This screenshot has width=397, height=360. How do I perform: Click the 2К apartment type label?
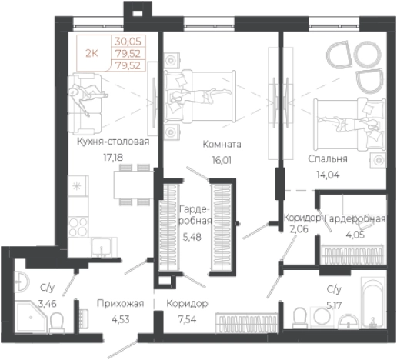[x=92, y=54]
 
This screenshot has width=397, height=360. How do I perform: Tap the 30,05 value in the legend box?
[x=128, y=42]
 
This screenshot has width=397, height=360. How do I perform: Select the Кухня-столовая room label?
[x=113, y=142]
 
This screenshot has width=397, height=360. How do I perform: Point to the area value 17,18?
[x=113, y=157]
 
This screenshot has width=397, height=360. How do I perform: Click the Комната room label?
[x=222, y=145]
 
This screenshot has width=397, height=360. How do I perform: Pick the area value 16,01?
[x=222, y=160]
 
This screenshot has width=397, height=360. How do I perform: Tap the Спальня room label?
[x=328, y=159]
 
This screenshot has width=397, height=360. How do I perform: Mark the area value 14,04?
[x=328, y=175]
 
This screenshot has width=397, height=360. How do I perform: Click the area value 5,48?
[x=192, y=237]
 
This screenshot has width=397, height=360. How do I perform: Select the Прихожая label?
[x=120, y=304]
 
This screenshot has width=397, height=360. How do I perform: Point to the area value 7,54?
[x=187, y=319]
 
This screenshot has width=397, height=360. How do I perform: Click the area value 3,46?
[x=48, y=304]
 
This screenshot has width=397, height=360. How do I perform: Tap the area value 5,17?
[x=334, y=305]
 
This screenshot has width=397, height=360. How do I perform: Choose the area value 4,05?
[x=355, y=235]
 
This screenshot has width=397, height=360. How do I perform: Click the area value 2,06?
[x=299, y=228]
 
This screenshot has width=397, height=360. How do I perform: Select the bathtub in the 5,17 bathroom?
[x=373, y=302]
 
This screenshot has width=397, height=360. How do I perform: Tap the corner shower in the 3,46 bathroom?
[x=32, y=317]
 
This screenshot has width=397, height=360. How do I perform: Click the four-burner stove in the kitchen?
[x=78, y=227]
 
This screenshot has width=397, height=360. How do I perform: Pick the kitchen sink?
[x=102, y=247]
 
